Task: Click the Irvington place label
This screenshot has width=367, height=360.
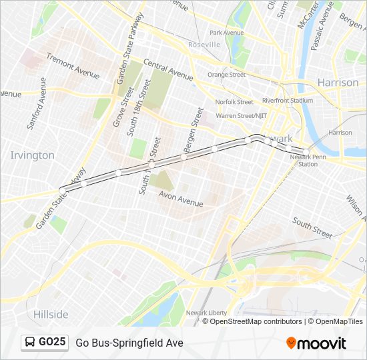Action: [32, 155]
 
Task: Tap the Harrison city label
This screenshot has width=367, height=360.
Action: [338, 83]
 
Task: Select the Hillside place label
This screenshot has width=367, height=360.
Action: [51, 314]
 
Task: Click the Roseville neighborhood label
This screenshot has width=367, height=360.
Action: [204, 44]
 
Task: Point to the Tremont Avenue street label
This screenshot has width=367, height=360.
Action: [73, 68]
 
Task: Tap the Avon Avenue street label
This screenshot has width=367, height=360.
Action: [180, 198]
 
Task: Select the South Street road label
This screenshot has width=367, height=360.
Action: [312, 229]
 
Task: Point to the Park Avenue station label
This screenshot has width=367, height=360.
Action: [226, 33]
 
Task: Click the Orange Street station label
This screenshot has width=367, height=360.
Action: [226, 75]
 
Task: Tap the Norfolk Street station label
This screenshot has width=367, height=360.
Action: [234, 102]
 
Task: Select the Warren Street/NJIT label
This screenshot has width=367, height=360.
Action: [241, 115]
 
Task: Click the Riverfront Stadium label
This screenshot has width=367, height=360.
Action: [287, 101]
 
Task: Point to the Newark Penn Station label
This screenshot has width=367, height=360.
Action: [308, 160]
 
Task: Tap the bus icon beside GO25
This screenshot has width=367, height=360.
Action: [30, 343]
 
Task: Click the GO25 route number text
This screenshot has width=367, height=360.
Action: [52, 343]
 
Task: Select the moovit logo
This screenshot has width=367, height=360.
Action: [316, 343]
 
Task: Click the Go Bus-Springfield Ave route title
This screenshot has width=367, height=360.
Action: [129, 343]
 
